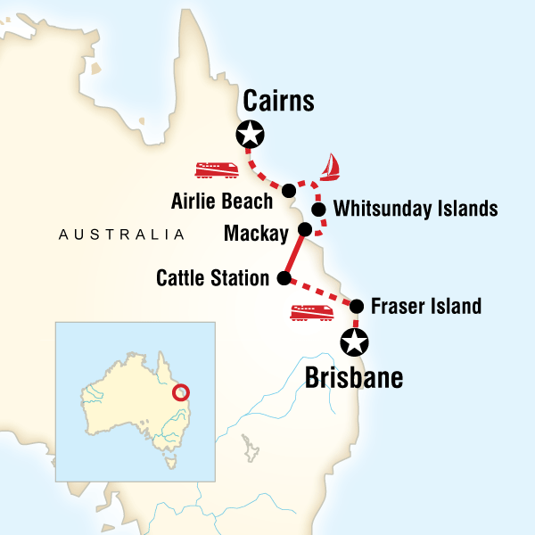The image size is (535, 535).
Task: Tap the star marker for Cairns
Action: [x=251, y=136]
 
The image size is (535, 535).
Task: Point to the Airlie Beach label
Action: [x=222, y=201]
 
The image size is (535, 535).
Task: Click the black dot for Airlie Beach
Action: [x=289, y=190]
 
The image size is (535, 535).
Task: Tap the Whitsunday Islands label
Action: [x=415, y=210]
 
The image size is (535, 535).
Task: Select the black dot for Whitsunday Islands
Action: [x=318, y=210]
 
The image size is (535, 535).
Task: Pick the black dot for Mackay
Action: [x=304, y=230]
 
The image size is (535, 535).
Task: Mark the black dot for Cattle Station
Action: [x=284, y=279]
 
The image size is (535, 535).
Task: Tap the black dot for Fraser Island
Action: [x=357, y=306]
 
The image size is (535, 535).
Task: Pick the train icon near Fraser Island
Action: [x=312, y=312]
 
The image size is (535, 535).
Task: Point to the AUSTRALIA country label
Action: [x=120, y=235]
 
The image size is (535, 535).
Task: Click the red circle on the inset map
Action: [x=181, y=392]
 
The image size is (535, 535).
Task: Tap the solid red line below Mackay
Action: [x=293, y=255]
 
